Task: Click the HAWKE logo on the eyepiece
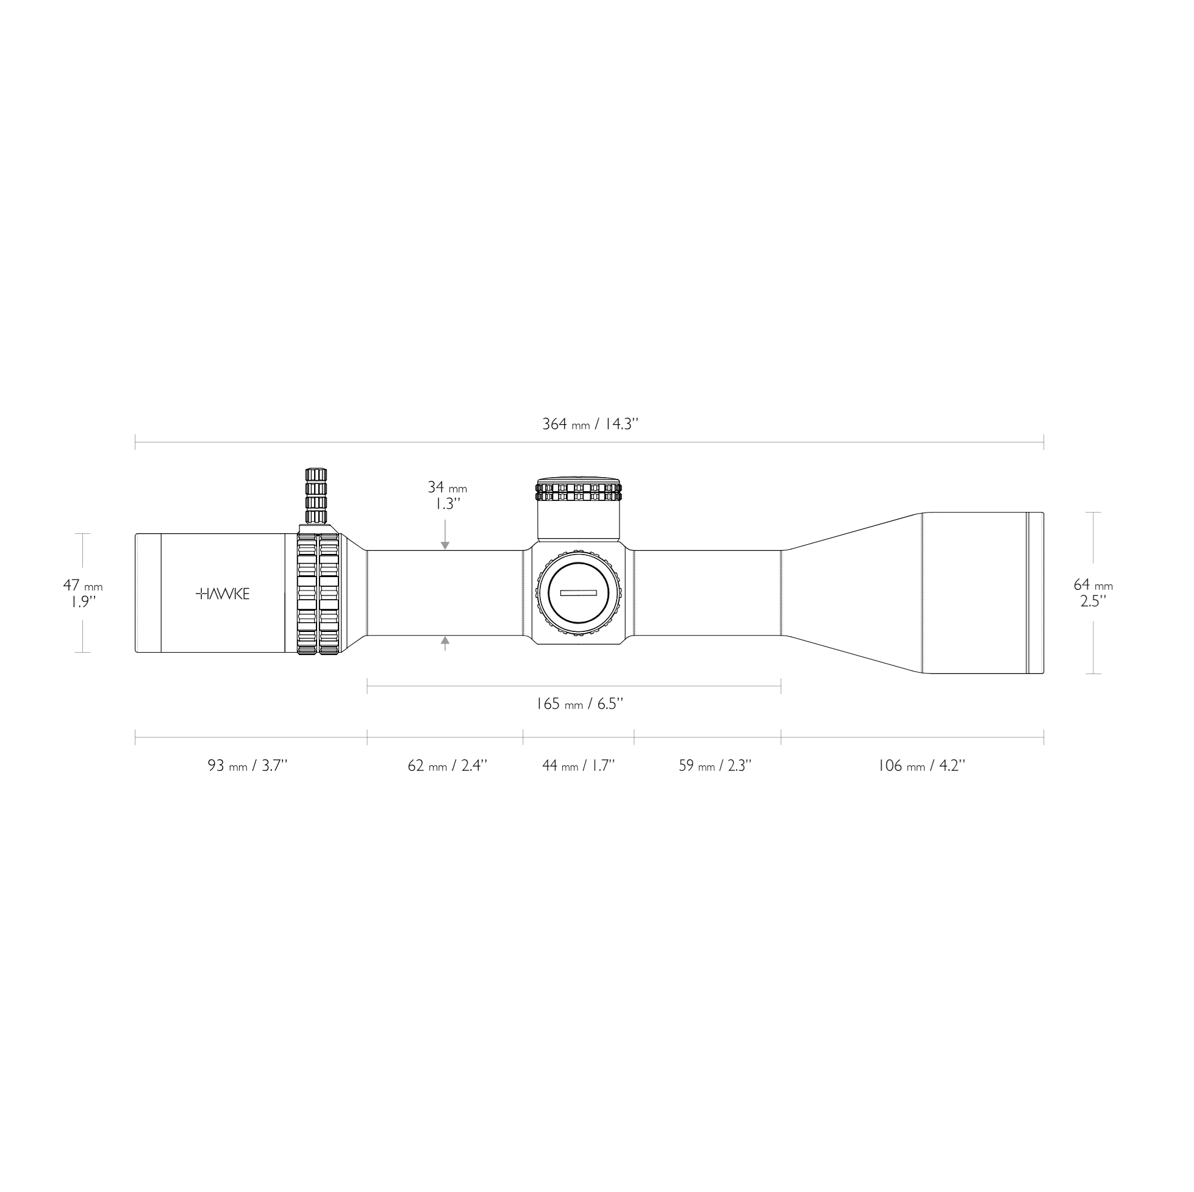point(223,594)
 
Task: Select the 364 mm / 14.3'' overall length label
point(590,424)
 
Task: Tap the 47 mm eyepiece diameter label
point(82,586)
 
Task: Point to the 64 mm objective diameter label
point(1093,584)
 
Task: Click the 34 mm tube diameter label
point(447,488)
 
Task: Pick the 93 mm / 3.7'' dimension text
point(247,766)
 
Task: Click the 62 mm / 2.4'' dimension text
point(447,766)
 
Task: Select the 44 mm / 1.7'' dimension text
point(578,766)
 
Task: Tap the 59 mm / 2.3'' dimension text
point(715,766)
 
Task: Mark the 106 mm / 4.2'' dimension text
point(921,766)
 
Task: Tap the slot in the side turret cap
point(578,593)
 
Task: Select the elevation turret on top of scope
point(578,509)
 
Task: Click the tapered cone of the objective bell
point(853,593)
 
